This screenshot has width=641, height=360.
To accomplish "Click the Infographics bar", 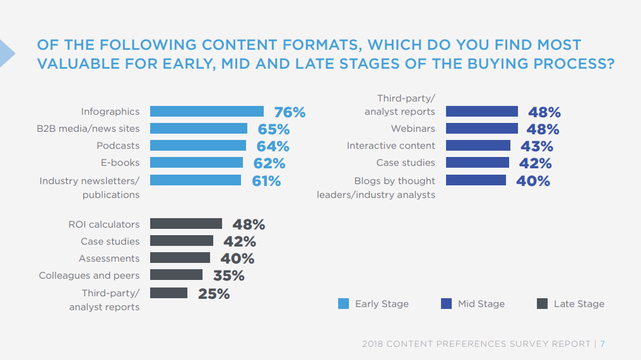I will pyautogui.click(x=207, y=112).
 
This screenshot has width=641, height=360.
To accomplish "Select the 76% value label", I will pyautogui.click(x=290, y=112).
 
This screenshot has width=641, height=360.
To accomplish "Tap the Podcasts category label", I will pyautogui.click(x=118, y=146).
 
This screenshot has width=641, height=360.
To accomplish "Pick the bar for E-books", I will pyautogui.click(x=196, y=163).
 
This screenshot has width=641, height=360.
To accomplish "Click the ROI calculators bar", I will pyautogui.click(x=186, y=224).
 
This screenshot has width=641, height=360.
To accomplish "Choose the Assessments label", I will pyautogui.click(x=109, y=258).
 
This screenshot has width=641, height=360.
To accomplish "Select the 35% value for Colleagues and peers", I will pyautogui.click(x=228, y=276).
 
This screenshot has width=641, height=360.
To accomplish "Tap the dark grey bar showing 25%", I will pyautogui.click(x=168, y=293).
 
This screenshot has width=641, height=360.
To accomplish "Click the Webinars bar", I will pyautogui.click(x=482, y=129).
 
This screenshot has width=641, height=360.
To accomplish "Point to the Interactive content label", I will pyautogui.click(x=391, y=146).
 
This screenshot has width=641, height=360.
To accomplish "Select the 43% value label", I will pyautogui.click(x=537, y=146).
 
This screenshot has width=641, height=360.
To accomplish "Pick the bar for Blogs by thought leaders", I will pyautogui.click(x=476, y=180).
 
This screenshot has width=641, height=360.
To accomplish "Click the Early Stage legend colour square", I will pyautogui.click(x=343, y=304).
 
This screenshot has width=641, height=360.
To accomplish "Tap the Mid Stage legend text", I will pyautogui.click(x=481, y=304).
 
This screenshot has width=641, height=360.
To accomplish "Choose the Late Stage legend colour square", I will pyautogui.click(x=542, y=304).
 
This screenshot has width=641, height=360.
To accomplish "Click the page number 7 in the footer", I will pyautogui.click(x=603, y=344).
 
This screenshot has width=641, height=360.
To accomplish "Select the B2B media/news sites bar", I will pyautogui.click(x=199, y=129).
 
